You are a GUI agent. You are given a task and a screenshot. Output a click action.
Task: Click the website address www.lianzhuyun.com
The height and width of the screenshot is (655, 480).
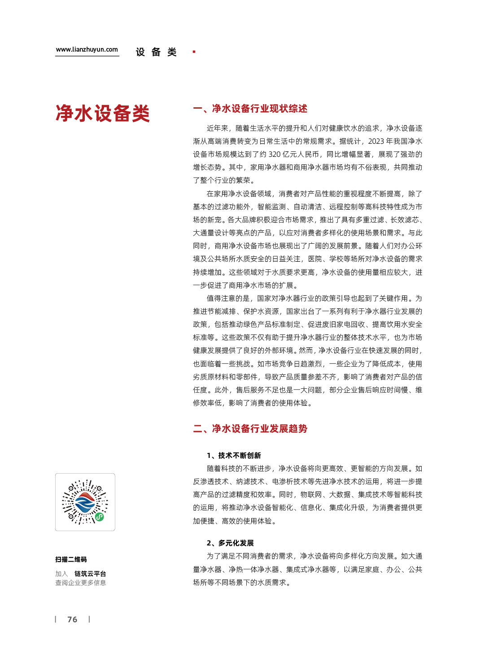[87, 50]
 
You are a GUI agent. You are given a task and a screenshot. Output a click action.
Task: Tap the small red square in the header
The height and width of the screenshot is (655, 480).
[194, 52]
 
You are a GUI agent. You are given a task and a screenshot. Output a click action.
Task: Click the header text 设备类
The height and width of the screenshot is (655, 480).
[156, 53]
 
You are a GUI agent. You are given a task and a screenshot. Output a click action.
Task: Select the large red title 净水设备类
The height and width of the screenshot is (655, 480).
[102, 114]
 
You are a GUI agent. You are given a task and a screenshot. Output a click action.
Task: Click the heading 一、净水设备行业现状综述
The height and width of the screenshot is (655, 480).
[250, 109]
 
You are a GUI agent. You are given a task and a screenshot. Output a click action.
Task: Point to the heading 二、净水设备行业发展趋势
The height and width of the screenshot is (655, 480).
[250, 429]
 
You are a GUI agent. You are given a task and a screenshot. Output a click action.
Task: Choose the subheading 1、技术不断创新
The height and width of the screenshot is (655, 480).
[234, 456]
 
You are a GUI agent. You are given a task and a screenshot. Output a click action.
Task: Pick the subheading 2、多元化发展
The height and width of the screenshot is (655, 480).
[230, 543]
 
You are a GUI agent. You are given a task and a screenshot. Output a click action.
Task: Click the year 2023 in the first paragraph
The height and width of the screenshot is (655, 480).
[376, 141]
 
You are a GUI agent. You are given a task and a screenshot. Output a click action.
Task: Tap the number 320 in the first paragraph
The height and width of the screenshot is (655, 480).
[275, 154]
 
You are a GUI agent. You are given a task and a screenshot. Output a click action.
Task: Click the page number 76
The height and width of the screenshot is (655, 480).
[72, 620]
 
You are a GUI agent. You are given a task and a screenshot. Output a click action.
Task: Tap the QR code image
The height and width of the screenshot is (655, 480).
[85, 502]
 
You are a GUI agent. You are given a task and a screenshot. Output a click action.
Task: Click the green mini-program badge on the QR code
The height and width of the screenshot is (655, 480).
[100, 517]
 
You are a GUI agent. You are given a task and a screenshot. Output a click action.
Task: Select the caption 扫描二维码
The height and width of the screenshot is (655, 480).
[71, 560]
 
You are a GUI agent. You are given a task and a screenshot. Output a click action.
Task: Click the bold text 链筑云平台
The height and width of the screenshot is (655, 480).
[90, 574]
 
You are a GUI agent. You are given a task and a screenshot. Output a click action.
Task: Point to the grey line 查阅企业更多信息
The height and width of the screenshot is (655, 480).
[81, 583]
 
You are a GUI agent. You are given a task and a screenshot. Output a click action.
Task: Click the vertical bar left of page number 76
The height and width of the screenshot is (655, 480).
[56, 619]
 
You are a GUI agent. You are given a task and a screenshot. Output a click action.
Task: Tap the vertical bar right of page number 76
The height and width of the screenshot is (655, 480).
[89, 619]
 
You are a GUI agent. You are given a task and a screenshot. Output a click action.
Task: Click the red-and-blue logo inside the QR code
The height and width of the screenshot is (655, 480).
[85, 502]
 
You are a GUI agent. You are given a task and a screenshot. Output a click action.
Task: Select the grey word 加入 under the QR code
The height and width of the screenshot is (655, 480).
[61, 574]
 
